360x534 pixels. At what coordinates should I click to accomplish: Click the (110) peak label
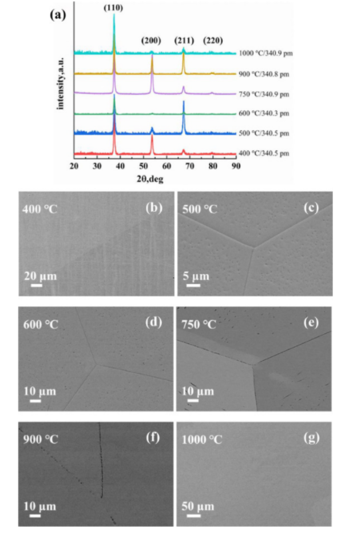pos(114,8)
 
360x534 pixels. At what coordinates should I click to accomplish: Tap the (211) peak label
pos(184,41)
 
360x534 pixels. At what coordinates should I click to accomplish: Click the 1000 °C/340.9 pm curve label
pos(266,53)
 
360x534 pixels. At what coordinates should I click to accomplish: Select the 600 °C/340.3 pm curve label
pos(264,114)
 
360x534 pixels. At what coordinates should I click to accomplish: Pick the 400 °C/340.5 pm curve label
pos(264,154)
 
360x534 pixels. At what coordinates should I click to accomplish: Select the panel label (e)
pos(310,323)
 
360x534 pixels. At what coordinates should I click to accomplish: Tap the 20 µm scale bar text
pos(40,276)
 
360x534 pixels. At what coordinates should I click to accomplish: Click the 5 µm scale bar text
pos(196,276)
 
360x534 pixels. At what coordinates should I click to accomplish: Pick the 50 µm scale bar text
pos(198,506)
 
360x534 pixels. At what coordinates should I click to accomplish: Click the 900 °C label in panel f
pos(41,439)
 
